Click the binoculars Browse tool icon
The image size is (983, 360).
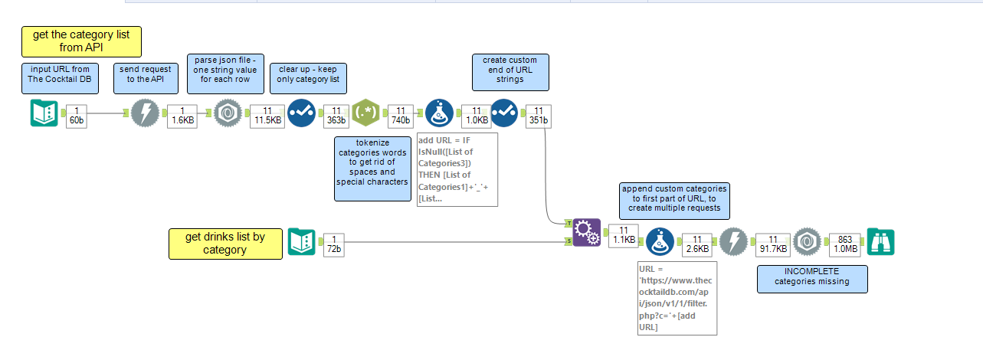[x=880, y=242]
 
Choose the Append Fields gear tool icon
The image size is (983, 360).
[x=586, y=234]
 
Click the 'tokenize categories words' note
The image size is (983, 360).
[x=372, y=169]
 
